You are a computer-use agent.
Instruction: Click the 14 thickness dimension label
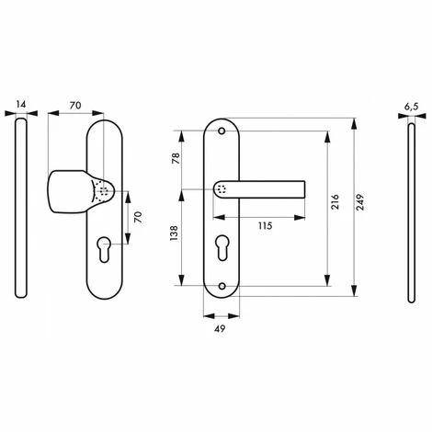(x=21, y=105)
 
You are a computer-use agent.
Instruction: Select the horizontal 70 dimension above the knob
(x=75, y=105)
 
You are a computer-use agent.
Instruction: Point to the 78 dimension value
(x=174, y=158)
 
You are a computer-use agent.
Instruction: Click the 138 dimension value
(x=174, y=236)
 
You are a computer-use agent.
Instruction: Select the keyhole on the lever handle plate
(x=223, y=249)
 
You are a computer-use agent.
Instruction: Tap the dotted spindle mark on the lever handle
(x=222, y=188)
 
